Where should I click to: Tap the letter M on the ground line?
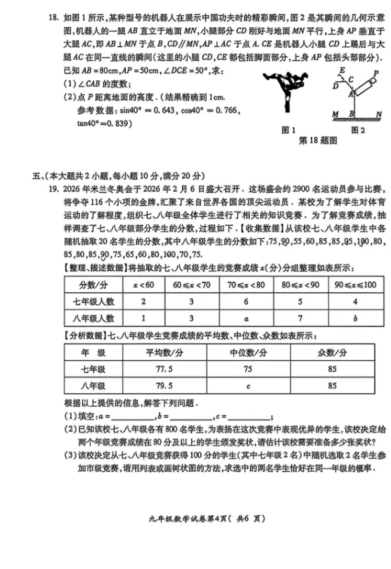tap(335, 115)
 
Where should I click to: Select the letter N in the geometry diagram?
tap(378, 115)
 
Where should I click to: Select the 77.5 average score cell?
tap(159, 369)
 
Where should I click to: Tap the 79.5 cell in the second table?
tap(159, 385)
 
